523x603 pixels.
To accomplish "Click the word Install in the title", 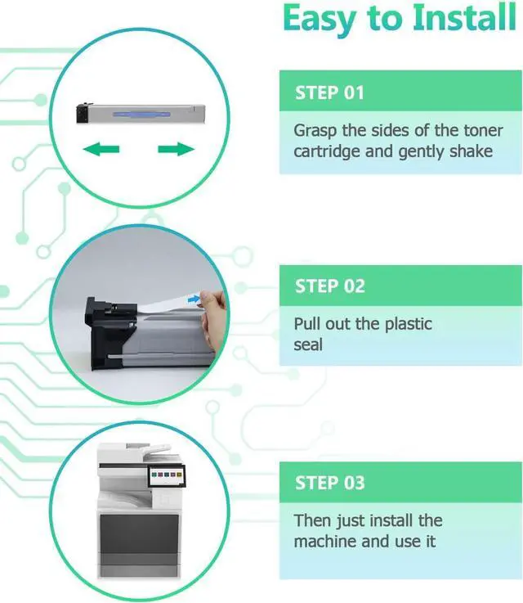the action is coord(464,18).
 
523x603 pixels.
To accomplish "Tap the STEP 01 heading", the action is coord(329,92).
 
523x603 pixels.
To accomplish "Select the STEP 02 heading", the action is coord(330,286).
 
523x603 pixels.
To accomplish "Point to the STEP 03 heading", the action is coord(329,483).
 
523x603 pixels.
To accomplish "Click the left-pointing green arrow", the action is coord(101,149).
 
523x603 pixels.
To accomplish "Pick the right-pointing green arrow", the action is coord(177,149).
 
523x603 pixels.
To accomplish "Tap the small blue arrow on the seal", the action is coord(194,299).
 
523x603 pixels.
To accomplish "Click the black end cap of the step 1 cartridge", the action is coord(83,113).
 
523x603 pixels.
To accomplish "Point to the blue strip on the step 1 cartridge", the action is coord(141,115).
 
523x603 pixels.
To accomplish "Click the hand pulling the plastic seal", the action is coord(212,320).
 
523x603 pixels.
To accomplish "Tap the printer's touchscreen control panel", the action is coord(167,475).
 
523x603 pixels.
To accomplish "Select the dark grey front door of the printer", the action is coord(140,533).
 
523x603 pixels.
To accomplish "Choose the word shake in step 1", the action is coord(472,151).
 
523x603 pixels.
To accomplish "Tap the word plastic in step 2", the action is coord(409,324).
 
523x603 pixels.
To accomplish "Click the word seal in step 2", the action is coord(308,345).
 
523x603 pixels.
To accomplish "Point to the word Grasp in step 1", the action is coord(315,131).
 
